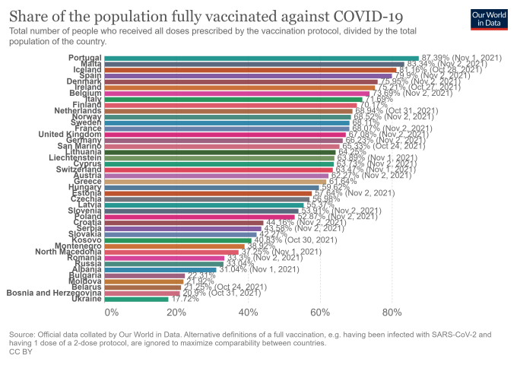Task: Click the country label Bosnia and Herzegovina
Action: [54, 292]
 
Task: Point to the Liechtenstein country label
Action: [73, 157]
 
